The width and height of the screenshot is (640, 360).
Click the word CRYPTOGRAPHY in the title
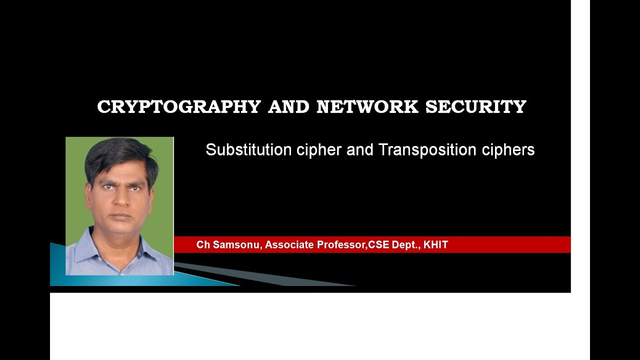coord(179,107)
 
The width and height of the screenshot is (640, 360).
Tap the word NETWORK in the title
coord(367,107)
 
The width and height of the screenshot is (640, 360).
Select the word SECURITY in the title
coord(476,107)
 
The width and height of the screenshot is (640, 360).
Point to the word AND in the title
coord(289,107)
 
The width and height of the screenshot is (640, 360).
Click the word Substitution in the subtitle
coord(248,150)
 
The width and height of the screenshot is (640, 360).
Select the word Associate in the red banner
coord(289,245)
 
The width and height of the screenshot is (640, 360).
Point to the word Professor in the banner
coord(341,245)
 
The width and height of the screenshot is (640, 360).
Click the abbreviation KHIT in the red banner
coord(435,245)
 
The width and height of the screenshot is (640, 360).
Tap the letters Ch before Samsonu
coord(202,245)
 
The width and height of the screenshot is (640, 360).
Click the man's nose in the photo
coord(120,200)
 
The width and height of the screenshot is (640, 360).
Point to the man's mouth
coord(120,215)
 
